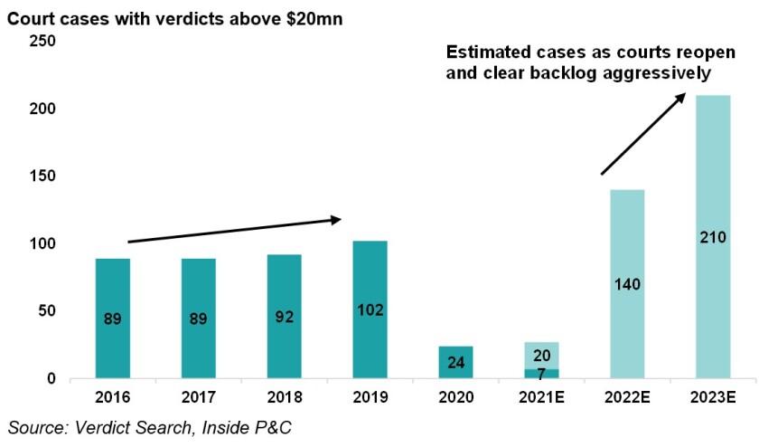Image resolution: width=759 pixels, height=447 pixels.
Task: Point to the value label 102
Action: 370,309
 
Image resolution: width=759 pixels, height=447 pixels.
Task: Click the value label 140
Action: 626,284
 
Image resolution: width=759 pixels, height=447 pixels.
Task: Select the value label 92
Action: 285,318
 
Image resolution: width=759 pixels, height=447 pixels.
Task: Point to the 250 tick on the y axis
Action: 43,41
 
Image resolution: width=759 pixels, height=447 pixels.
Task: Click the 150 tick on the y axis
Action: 43,176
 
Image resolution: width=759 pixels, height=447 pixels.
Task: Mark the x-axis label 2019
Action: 370,396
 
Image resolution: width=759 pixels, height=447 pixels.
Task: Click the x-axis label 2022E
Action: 626,396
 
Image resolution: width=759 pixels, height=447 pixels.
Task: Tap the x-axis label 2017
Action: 200,396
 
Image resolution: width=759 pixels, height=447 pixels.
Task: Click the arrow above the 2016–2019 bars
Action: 235,230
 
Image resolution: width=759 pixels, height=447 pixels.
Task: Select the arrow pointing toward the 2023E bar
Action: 644,133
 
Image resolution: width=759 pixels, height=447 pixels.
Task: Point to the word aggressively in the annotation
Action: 649,72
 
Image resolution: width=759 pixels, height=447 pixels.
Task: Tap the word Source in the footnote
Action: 34,425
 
